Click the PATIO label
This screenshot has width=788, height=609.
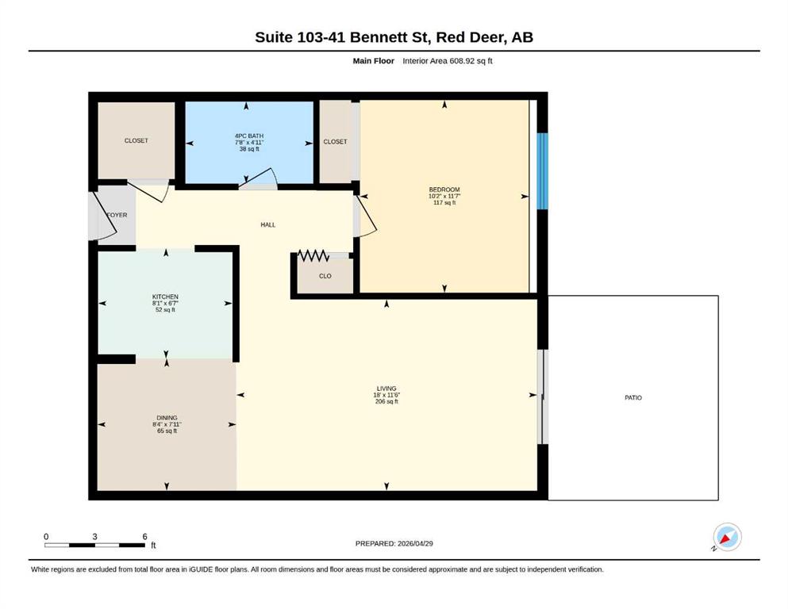(x=632, y=397)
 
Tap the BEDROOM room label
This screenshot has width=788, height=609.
(x=444, y=190)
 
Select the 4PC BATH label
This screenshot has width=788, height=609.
(x=248, y=136)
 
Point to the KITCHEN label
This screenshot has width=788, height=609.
(x=165, y=297)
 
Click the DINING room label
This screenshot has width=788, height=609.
(x=167, y=418)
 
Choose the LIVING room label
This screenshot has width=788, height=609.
(x=386, y=389)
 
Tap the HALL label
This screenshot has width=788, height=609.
(x=268, y=225)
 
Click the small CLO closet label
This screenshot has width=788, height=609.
(x=325, y=276)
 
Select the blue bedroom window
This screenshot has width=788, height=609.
(x=542, y=171)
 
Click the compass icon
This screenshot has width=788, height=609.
(x=727, y=537)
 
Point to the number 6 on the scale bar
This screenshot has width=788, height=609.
(x=144, y=537)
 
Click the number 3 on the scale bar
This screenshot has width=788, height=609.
(x=94, y=537)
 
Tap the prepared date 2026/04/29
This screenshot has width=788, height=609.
(x=415, y=543)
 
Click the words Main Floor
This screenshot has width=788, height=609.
(x=374, y=61)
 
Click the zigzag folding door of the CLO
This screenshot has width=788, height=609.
(x=313, y=255)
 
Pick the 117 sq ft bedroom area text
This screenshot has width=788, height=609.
(x=444, y=203)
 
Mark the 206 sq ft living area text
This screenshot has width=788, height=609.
(x=386, y=402)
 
